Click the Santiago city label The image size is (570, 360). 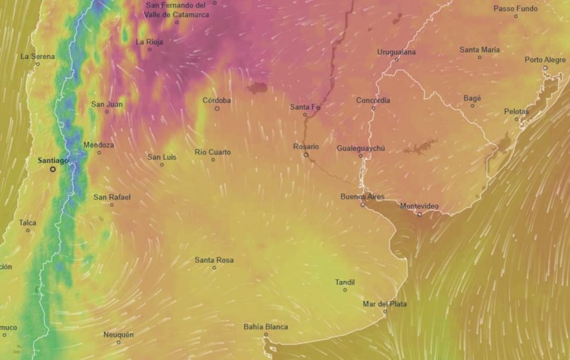tap(53, 160)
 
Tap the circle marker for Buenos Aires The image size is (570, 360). tap(363, 205)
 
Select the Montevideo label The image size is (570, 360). tap(419, 206)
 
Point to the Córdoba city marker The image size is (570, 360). tap(217, 109)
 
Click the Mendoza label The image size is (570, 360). tap(99, 145)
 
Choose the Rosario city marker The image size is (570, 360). tap(306, 155)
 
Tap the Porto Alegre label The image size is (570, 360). tap(545, 60)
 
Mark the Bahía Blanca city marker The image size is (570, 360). tap(266, 335)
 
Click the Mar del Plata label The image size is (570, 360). tap(384, 304)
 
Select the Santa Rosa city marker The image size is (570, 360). tap(214, 268)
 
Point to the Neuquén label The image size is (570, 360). tap(118, 334)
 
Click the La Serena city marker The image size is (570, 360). tap(38, 64)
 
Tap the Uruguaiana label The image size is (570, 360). tap(396, 52)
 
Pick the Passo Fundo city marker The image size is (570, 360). tap(516, 17)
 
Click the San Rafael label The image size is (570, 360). tap(111, 197)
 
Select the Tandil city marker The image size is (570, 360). tap(345, 290)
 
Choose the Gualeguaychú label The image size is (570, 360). tap(361, 148)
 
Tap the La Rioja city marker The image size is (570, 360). tap(150, 50)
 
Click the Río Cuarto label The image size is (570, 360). tap(213, 152)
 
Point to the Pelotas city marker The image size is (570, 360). tap(517, 119)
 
